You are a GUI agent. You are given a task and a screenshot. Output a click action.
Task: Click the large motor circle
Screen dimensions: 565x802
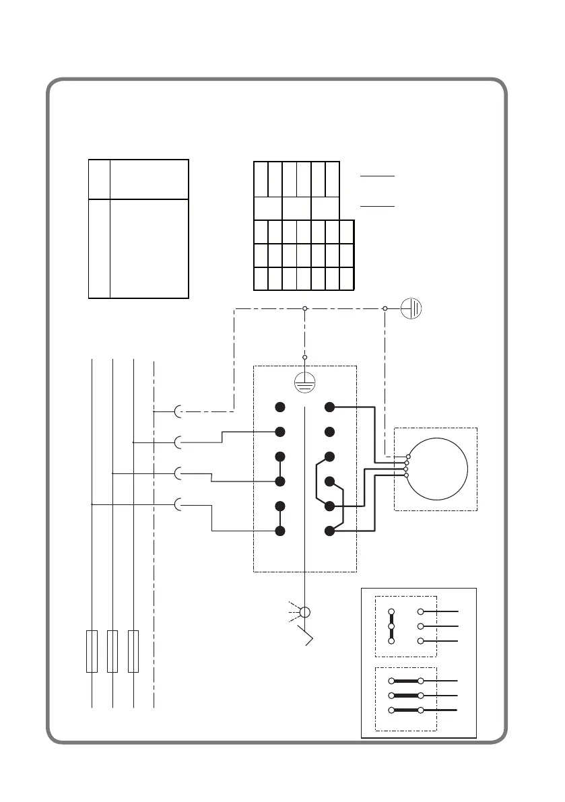(437, 467)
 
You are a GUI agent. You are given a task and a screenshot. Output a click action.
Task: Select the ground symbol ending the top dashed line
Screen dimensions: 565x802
(412, 308)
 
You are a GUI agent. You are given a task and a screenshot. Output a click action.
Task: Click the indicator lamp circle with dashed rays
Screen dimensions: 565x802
(304, 612)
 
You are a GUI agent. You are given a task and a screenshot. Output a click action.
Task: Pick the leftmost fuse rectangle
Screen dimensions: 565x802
(92, 651)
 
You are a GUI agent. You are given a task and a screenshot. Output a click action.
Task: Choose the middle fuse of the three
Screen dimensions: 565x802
(112, 651)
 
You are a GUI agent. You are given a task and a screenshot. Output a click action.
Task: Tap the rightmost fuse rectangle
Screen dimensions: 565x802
(133, 651)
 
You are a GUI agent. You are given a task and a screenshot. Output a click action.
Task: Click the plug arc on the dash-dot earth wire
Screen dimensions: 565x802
(178, 411)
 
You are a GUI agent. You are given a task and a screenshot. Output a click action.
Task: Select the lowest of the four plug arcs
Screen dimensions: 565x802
(178, 504)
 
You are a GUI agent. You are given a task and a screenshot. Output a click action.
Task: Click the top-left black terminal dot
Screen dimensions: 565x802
(279, 407)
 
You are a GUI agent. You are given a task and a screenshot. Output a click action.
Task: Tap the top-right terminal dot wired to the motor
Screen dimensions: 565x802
(329, 407)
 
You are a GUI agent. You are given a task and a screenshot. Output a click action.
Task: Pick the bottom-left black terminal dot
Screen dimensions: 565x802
(279, 531)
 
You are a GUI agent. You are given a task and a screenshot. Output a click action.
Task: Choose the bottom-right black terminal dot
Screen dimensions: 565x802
(329, 531)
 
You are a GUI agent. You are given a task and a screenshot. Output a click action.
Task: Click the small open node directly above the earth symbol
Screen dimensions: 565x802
(304, 357)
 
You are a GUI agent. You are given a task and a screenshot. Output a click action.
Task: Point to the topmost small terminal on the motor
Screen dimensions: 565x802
(407, 457)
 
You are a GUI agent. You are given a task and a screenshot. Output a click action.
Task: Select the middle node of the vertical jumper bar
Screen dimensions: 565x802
(391, 626)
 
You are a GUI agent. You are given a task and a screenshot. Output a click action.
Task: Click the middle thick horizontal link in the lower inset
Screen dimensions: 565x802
(405, 695)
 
